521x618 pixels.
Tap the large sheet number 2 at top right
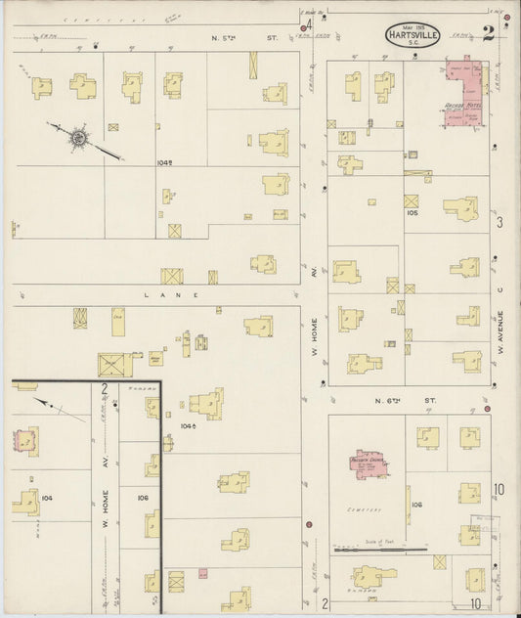pyautogui.click(x=488, y=32)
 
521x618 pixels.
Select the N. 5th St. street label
pyautogui.click(x=244, y=37)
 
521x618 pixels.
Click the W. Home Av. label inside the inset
pyautogui.click(x=106, y=500)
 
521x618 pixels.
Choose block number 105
pyautogui.click(x=412, y=211)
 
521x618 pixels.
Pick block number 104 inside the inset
pyautogui.click(x=48, y=497)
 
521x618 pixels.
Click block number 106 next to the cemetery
pyautogui.click(x=416, y=504)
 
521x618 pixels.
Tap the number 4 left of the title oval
pyautogui.click(x=309, y=24)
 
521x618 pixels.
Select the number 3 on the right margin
pyautogui.click(x=499, y=223)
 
